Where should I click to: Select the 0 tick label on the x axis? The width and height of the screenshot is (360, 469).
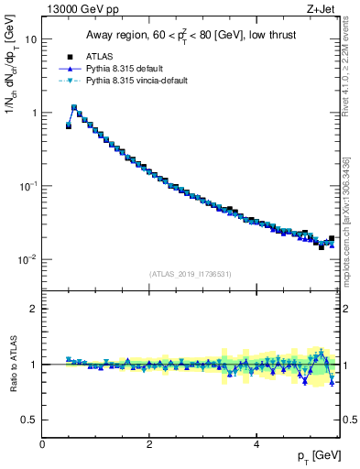click(x=42, y=444)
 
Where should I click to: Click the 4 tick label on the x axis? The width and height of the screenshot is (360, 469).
click(x=256, y=444)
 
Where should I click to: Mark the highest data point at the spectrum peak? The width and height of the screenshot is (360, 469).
click(x=74, y=107)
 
